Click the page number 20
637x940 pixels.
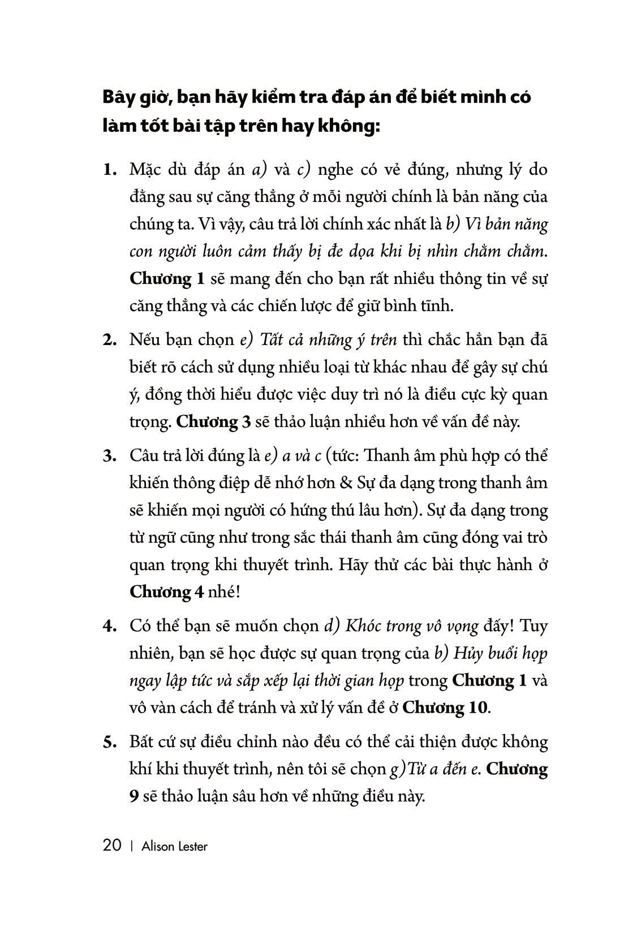(x=112, y=846)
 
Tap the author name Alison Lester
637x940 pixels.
(x=175, y=846)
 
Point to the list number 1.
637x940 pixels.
(x=109, y=170)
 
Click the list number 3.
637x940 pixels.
(x=109, y=456)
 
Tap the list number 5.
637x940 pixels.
(x=109, y=742)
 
